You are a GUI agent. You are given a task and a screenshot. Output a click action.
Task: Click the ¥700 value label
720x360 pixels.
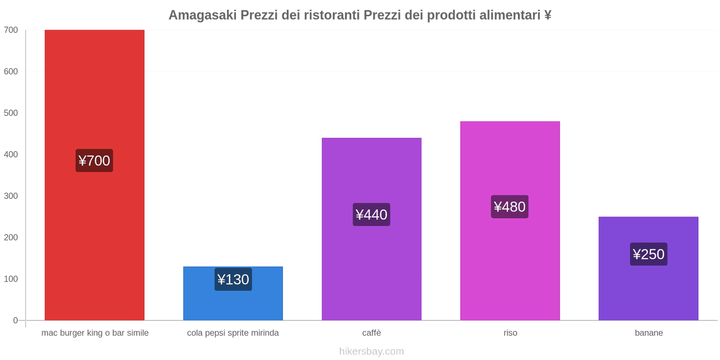click(x=94, y=161)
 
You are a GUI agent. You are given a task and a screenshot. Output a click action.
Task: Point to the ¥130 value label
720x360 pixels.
click(x=233, y=279)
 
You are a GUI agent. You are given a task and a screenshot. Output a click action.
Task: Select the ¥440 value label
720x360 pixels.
click(x=371, y=215)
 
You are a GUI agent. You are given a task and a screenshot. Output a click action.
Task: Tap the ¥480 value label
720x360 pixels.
click(x=509, y=207)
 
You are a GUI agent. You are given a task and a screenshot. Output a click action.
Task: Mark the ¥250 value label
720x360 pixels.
click(x=648, y=254)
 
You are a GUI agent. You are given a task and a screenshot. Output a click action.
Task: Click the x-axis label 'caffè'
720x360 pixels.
click(x=371, y=333)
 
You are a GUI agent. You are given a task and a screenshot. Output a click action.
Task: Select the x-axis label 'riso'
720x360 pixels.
click(x=510, y=333)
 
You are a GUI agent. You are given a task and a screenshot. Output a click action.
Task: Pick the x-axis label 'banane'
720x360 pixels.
click(x=648, y=333)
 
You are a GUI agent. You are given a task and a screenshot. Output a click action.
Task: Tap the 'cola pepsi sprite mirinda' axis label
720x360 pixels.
click(x=233, y=333)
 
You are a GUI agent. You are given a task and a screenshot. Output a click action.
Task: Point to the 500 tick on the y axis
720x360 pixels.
click(x=11, y=113)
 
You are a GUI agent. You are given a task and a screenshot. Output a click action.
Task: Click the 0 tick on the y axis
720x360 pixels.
click(x=15, y=320)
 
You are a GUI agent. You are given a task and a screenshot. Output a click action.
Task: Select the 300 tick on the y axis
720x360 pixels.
click(x=11, y=196)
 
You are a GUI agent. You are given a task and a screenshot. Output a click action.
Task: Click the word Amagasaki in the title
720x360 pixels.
click(x=202, y=15)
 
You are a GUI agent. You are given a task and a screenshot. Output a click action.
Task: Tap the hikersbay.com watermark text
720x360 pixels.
click(x=371, y=351)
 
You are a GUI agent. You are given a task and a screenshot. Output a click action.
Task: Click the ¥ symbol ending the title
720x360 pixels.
click(x=548, y=15)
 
